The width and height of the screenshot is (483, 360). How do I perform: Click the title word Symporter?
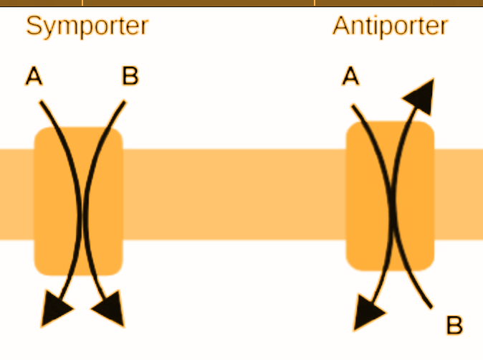pyautogui.click(x=87, y=27)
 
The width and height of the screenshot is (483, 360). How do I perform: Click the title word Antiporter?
pyautogui.click(x=390, y=27)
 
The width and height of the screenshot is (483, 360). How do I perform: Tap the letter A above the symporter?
pyautogui.click(x=34, y=76)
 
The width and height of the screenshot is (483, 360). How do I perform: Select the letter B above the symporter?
pyautogui.click(x=130, y=76)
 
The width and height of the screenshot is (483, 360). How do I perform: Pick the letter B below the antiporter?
pyautogui.click(x=454, y=326)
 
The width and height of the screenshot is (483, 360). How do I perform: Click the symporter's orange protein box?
pyautogui.click(x=79, y=201)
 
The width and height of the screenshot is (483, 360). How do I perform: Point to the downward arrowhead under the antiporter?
pyautogui.click(x=368, y=316)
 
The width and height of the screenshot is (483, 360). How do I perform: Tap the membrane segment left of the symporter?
pyautogui.click(x=16, y=194)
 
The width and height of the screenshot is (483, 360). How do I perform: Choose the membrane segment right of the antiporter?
pyautogui.click(x=459, y=194)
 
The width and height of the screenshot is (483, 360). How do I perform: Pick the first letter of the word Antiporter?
pyautogui.click(x=340, y=27)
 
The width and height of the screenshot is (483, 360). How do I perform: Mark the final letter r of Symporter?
pyautogui.click(x=143, y=28)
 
